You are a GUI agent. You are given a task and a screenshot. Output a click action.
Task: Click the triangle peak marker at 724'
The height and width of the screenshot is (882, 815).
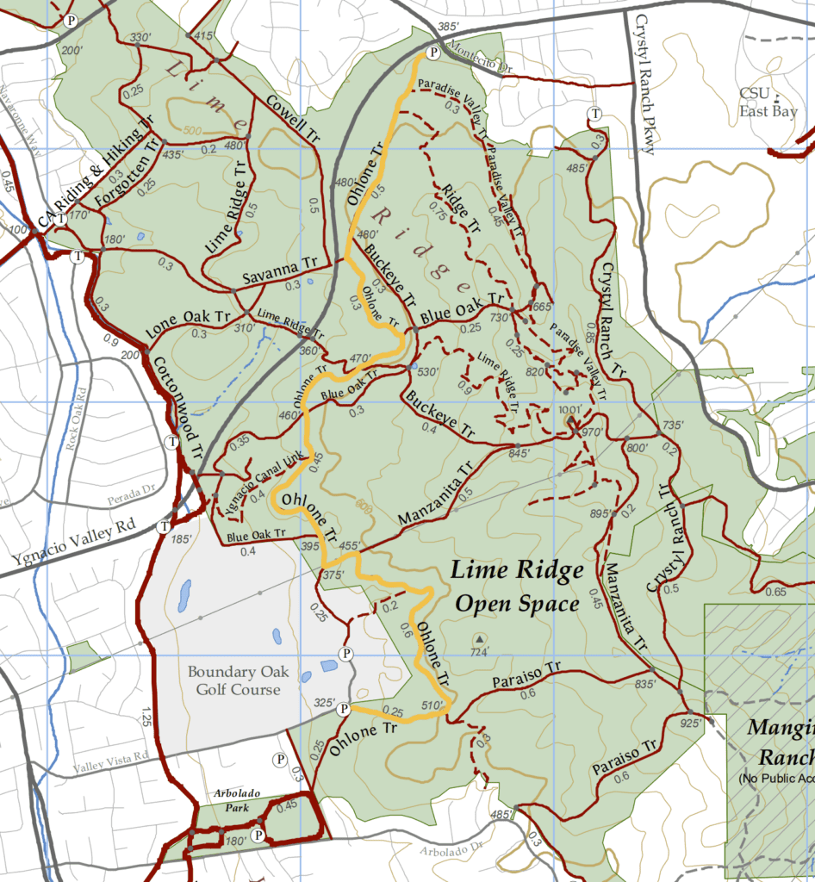click(479, 639)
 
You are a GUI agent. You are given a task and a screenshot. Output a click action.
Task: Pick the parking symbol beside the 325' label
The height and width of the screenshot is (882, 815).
click(343, 709)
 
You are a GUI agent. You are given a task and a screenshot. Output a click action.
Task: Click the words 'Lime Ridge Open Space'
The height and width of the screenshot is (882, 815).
click(517, 587)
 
